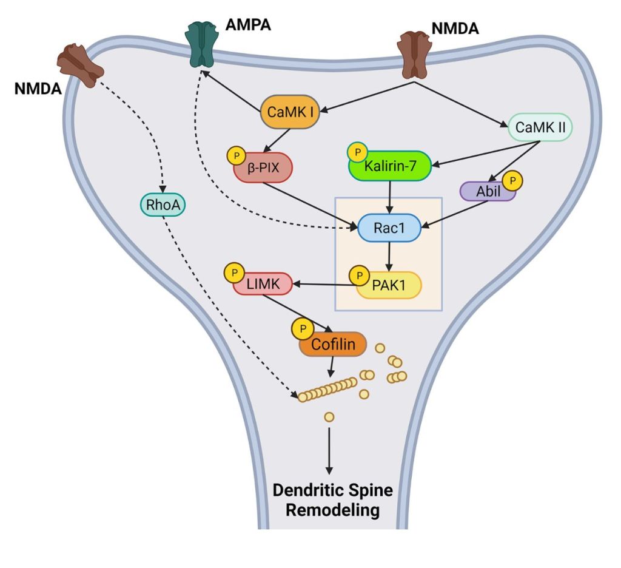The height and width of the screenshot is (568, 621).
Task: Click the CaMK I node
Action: click(x=290, y=112)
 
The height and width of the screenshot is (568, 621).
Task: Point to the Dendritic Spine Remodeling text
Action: click(x=332, y=500)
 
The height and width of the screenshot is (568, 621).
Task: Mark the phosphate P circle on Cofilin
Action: click(x=301, y=329)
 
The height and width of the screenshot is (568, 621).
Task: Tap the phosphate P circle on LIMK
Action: click(x=233, y=272)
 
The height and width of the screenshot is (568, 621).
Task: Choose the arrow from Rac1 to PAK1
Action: click(x=389, y=255)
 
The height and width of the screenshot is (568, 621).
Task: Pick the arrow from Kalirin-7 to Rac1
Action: click(x=389, y=197)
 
